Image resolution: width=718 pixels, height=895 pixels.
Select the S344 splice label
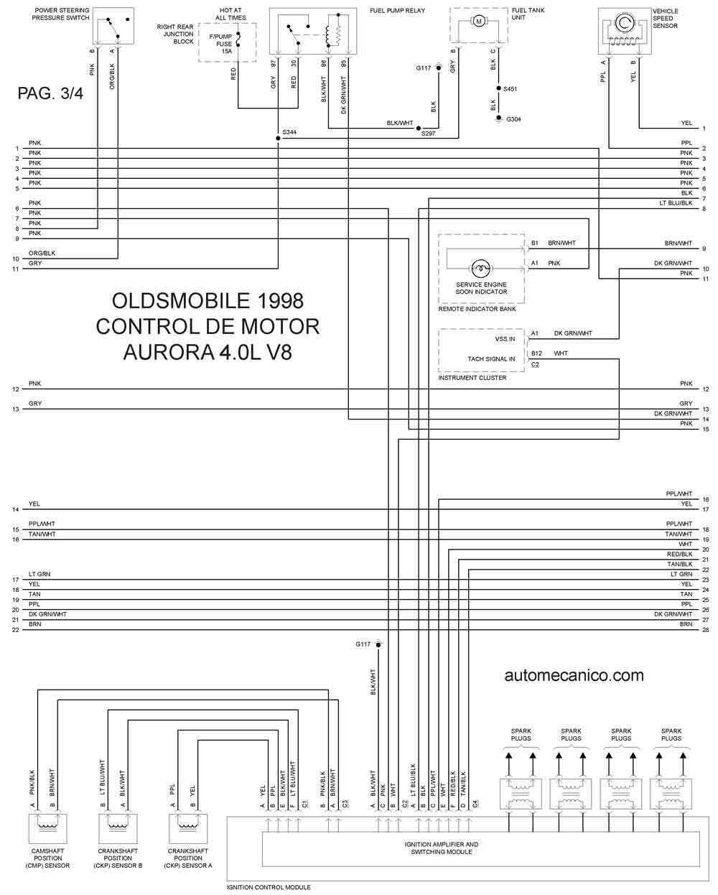[x=289, y=133]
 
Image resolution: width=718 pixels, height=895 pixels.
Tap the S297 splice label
[x=428, y=134]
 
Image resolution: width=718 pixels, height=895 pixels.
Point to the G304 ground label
[x=513, y=119]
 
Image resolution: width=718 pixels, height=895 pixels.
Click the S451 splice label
[x=510, y=88]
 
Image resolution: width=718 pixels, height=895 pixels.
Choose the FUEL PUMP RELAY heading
[x=397, y=11]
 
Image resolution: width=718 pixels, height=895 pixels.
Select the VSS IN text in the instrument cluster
[x=505, y=339]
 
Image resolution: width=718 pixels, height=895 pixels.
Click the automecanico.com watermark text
[x=574, y=675]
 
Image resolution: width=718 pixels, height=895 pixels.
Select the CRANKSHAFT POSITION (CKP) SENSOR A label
[x=189, y=858]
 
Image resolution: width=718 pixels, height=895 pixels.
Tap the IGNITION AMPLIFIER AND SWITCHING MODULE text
[x=442, y=848]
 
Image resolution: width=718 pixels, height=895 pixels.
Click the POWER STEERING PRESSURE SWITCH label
[x=61, y=14]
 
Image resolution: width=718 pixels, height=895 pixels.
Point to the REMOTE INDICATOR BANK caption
[x=477, y=309]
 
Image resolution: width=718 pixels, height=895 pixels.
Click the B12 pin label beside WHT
[x=536, y=353]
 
